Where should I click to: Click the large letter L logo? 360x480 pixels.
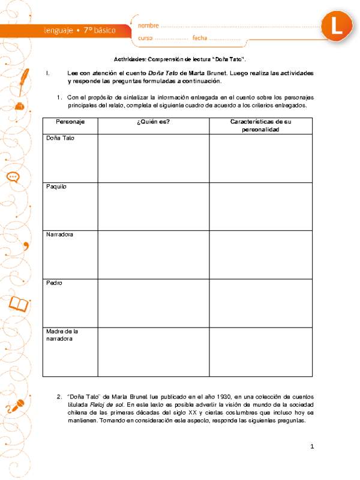tap(337, 26)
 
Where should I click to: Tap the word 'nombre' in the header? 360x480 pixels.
tap(149, 26)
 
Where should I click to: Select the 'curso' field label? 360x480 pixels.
tap(146, 38)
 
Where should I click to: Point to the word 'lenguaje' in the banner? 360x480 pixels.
tap(58, 29)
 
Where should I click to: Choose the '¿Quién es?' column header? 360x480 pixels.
tap(154, 122)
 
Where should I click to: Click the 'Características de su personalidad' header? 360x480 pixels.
tap(260, 125)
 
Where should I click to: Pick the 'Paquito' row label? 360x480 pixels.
tap(56, 187)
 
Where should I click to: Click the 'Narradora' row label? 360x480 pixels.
tap(60, 234)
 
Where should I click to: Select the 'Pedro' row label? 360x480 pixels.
tap(54, 282)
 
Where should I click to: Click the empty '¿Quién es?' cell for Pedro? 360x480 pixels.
tap(154, 303)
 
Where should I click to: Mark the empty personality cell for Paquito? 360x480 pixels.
tap(260, 206)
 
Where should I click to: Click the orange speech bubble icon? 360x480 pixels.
tap(13, 177)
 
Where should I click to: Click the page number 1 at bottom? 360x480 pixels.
tap(313, 447)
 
